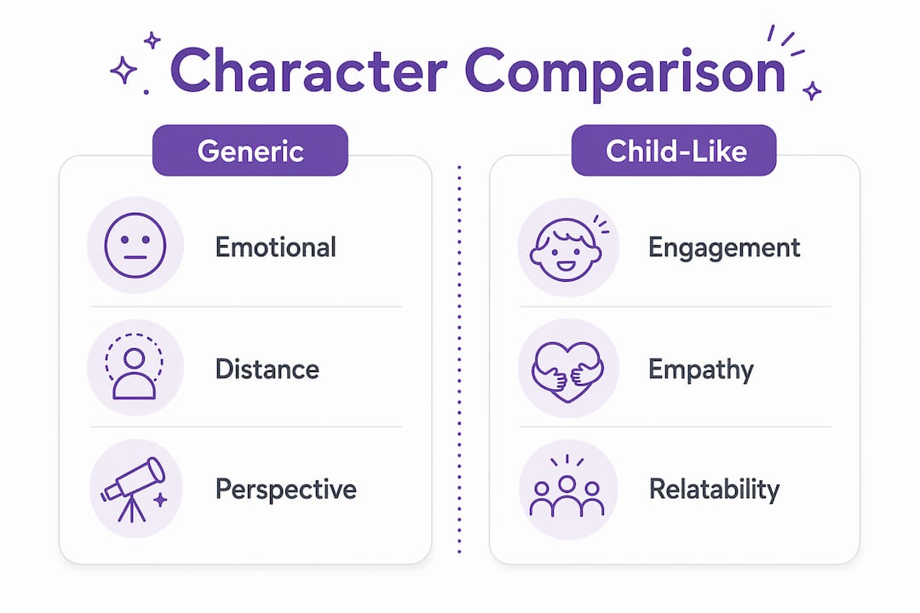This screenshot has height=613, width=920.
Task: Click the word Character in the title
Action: click(309, 71)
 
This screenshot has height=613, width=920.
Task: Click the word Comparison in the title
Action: click(625, 72)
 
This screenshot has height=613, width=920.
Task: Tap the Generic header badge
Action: click(250, 150)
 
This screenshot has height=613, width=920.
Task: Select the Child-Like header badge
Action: click(674, 150)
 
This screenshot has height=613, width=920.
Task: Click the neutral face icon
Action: click(135, 245)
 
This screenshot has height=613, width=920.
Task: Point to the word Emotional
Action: click(276, 247)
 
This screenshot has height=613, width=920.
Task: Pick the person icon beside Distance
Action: click(135, 367)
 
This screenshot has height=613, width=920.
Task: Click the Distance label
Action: click(267, 369)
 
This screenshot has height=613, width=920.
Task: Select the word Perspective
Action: click(285, 490)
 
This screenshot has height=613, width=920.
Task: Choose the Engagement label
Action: click(724, 249)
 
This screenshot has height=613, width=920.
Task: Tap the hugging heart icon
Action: click(567, 370)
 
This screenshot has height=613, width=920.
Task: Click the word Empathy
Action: click(701, 370)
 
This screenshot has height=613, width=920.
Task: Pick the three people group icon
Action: click(566, 487)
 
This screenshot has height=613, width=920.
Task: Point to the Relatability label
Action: click(715, 490)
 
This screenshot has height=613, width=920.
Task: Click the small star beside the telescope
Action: click(159, 500)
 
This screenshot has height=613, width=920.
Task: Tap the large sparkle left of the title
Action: click(124, 71)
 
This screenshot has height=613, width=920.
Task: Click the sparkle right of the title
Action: click(812, 91)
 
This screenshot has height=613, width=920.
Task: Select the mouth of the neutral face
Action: click(135, 257)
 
